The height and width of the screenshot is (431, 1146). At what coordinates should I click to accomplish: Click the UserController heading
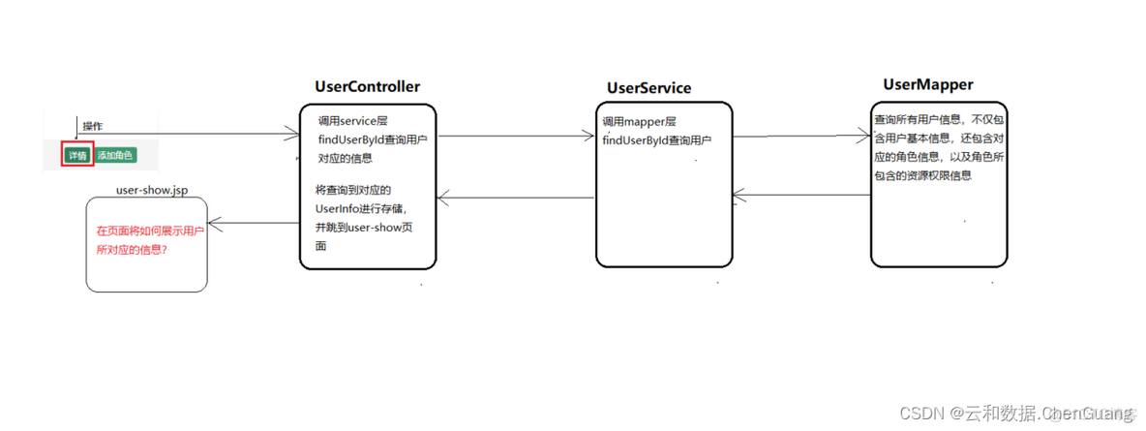click(367, 86)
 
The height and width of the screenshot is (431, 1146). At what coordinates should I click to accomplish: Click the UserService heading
click(648, 88)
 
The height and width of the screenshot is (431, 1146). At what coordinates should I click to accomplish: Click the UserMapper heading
click(927, 85)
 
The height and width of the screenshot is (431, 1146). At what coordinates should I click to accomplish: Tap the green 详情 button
click(76, 155)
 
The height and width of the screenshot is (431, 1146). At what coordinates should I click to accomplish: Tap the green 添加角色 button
click(115, 155)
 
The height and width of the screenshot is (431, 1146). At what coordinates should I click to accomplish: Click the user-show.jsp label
click(152, 190)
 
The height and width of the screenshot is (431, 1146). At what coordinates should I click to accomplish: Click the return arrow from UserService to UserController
click(515, 199)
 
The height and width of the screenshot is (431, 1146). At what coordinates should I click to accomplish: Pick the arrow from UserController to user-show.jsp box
click(254, 223)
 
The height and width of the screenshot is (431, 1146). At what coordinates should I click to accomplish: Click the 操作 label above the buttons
click(93, 126)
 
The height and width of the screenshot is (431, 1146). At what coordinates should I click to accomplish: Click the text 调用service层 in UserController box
click(353, 122)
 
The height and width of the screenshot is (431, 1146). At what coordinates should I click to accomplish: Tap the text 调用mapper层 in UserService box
click(639, 122)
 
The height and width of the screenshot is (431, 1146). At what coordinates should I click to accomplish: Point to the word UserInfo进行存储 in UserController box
click(362, 208)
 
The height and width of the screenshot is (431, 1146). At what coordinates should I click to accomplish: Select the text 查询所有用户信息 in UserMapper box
click(920, 121)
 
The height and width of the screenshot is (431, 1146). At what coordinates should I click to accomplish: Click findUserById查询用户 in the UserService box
click(656, 140)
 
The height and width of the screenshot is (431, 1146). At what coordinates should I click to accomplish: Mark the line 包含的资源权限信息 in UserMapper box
click(922, 176)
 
